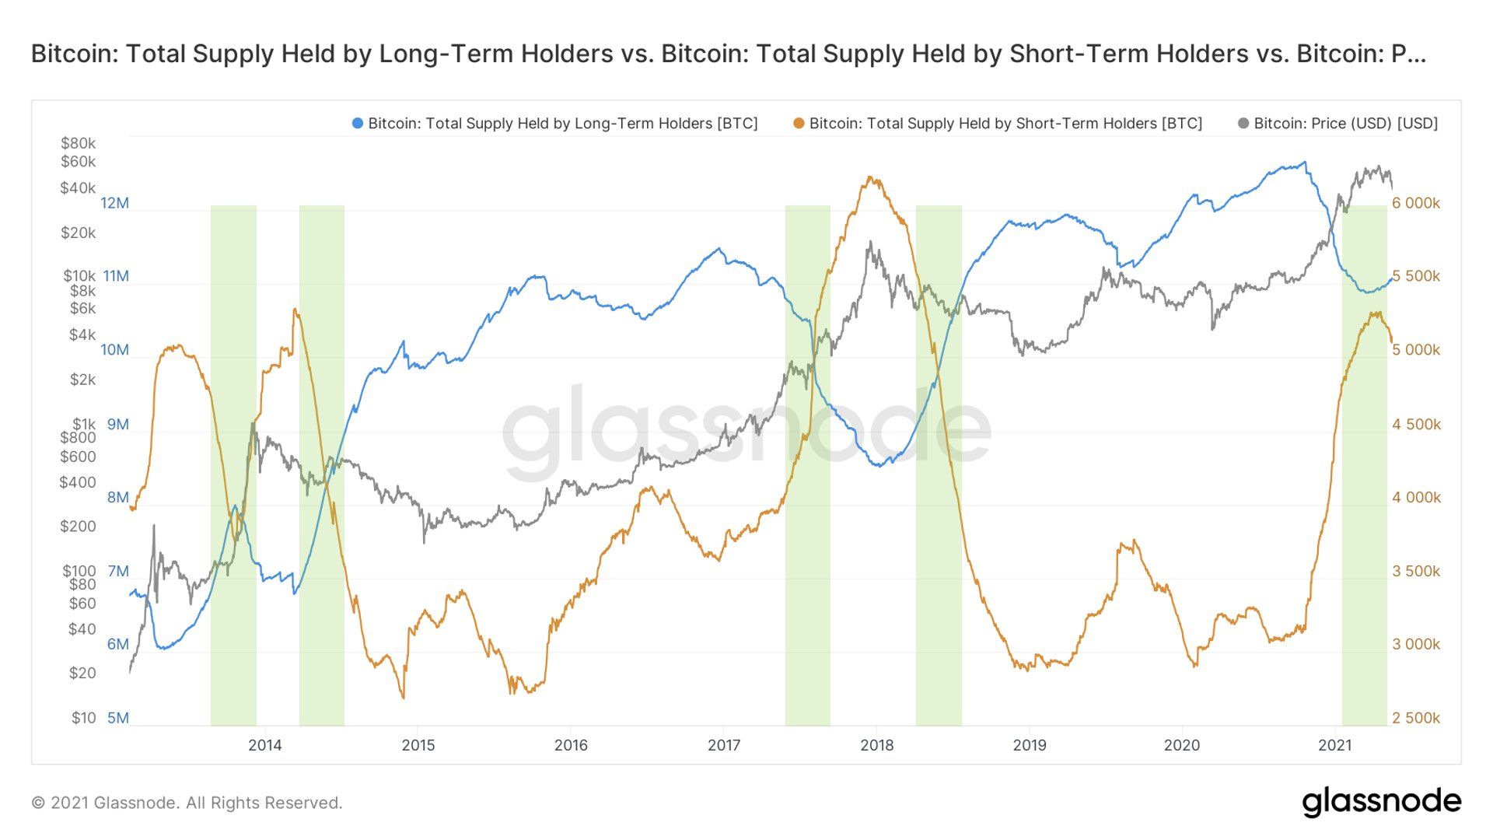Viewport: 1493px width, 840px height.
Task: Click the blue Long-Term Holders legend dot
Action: [358, 124]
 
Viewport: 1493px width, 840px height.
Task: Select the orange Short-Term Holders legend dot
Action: [799, 124]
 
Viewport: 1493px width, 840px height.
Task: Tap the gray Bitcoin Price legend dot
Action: [1243, 124]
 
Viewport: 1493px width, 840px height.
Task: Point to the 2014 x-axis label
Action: [264, 745]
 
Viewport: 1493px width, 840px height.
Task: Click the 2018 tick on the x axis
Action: [876, 745]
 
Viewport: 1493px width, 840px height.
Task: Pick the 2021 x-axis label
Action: [1334, 745]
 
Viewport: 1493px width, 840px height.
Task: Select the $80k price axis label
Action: [78, 143]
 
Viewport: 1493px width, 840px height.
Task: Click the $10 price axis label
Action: [83, 718]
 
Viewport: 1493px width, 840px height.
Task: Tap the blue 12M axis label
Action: [114, 203]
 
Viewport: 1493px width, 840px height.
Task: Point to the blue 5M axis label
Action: [117, 718]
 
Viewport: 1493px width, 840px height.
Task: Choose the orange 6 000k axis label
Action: [1415, 203]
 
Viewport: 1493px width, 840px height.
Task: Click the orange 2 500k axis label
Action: [1415, 718]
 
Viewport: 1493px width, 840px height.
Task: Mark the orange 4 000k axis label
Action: [1415, 497]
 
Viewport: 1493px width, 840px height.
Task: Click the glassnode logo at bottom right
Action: [1381, 802]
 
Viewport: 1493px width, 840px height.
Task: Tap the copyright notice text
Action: [187, 803]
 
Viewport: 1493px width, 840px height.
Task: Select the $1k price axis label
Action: [83, 425]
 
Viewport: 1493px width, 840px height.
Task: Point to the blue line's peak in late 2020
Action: [1304, 163]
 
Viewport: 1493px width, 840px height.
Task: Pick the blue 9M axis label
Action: [117, 425]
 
